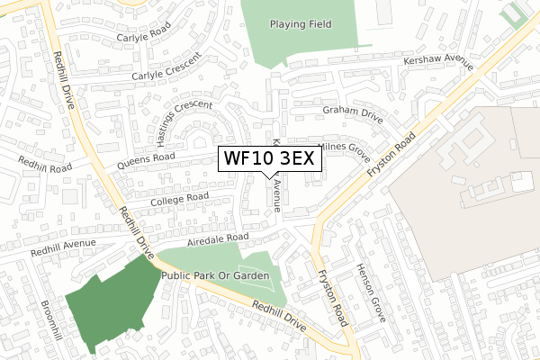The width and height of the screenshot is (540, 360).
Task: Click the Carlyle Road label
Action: click(145, 39)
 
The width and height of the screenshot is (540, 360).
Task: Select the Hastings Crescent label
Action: click(171, 123)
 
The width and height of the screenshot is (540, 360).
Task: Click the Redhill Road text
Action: click(47, 164)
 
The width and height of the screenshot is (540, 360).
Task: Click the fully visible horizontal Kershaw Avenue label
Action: click(413, 60)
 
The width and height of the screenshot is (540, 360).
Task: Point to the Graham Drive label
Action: click(353, 113)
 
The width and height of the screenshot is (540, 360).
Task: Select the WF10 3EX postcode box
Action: click(267, 159)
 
